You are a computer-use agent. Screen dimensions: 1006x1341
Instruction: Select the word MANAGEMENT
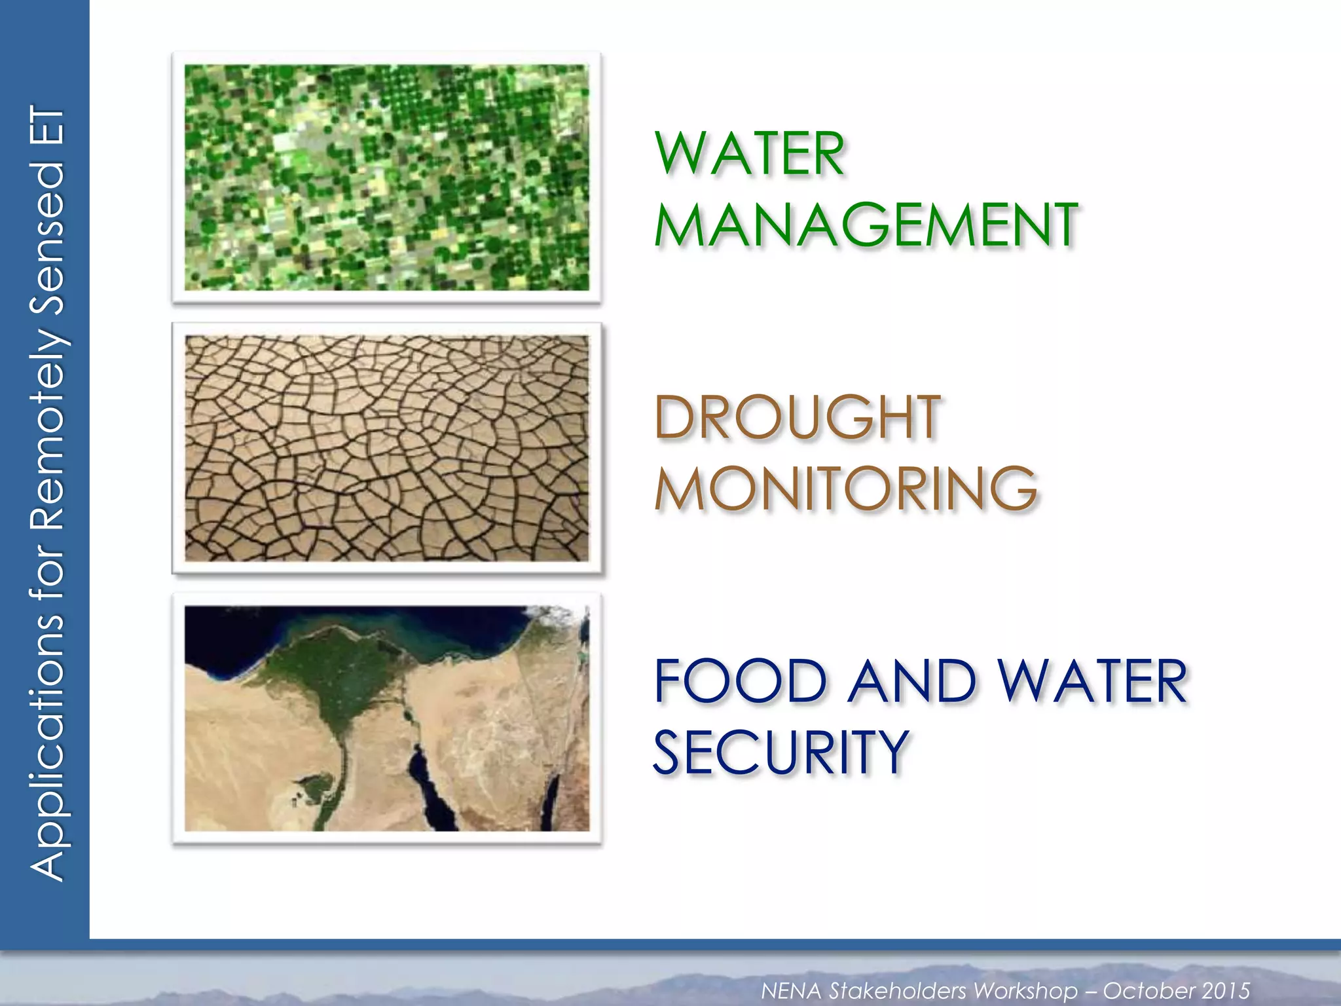click(x=866, y=225)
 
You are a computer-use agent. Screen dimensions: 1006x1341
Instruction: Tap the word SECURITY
click(x=781, y=753)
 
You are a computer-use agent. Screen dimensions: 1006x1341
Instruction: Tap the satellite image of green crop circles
click(x=386, y=177)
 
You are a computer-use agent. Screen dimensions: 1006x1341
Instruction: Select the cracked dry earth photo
click(x=386, y=448)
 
